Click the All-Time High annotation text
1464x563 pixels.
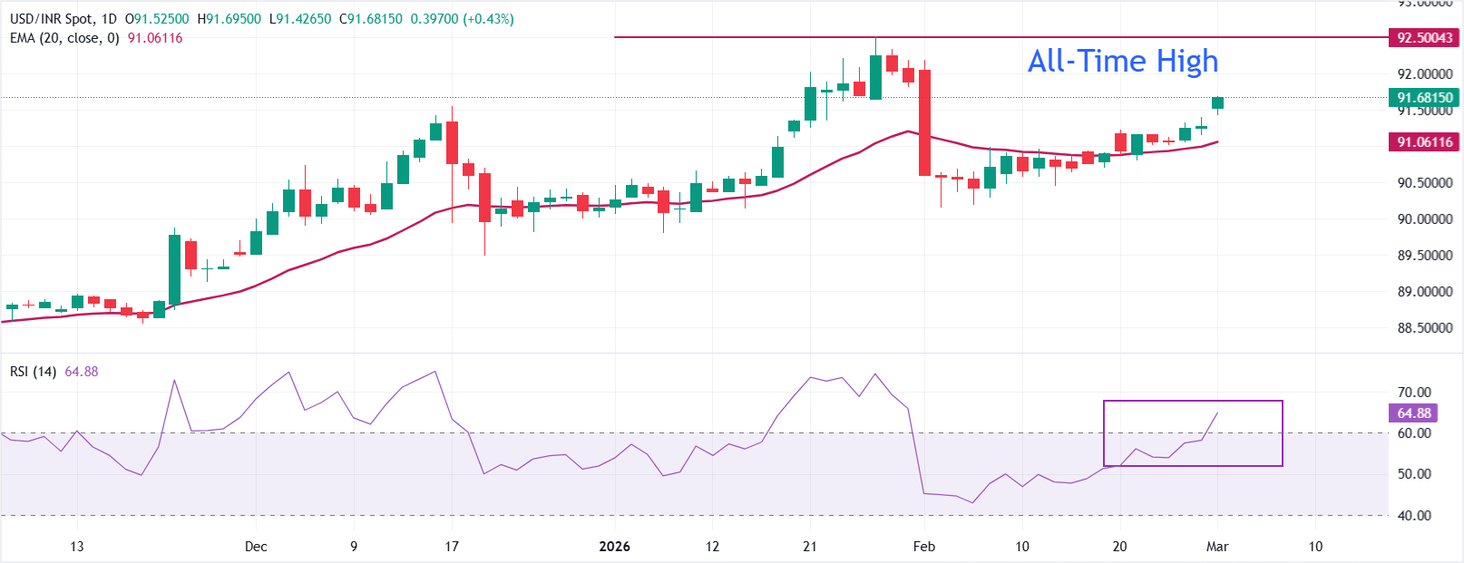coord(1123,61)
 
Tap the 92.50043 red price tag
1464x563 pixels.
coord(1424,37)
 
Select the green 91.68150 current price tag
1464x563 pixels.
coord(1424,97)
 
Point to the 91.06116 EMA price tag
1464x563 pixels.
coord(1424,141)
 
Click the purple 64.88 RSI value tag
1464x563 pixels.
coord(1413,413)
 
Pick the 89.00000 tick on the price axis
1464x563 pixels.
coord(1424,292)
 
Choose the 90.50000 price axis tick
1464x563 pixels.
coord(1424,183)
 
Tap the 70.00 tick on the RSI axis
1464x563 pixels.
coord(1414,393)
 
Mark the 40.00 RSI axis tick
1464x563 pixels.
coord(1414,516)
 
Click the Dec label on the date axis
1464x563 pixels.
coord(256,547)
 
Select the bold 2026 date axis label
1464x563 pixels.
coord(614,547)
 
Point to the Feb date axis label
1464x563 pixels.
coord(923,547)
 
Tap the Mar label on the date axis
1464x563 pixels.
coord(1217,547)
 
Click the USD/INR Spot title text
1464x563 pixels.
coord(52,19)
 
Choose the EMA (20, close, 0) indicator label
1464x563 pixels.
coord(64,38)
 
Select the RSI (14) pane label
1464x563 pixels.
coord(33,372)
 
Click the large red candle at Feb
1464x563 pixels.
coord(924,122)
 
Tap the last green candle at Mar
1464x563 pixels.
coord(1217,103)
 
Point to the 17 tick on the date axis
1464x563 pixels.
coord(452,547)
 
